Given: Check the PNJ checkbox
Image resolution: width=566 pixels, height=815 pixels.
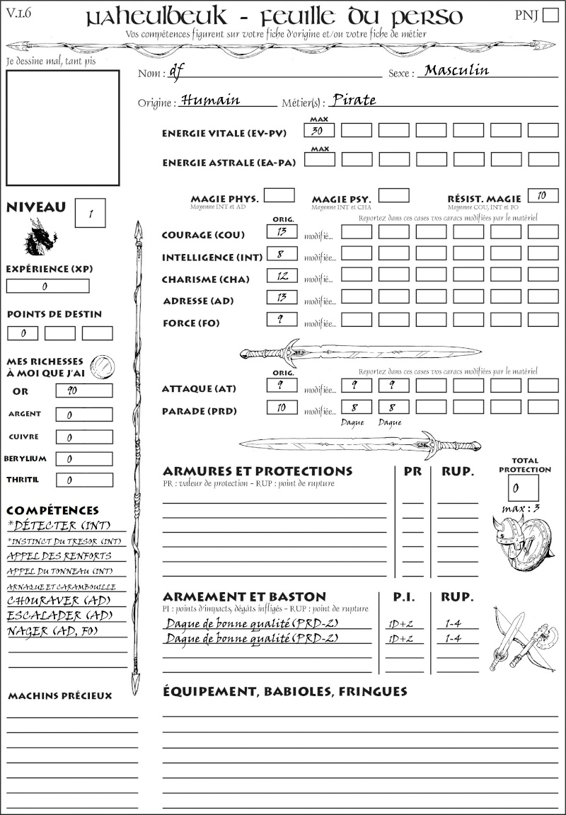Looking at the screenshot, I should [x=549, y=16].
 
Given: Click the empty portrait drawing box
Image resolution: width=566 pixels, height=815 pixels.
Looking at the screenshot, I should [x=62, y=127].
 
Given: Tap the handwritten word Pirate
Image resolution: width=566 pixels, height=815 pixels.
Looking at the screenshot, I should [x=354, y=100].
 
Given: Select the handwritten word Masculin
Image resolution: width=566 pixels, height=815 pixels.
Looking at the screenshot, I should [x=456, y=70].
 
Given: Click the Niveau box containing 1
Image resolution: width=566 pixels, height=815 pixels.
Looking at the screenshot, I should [x=90, y=213].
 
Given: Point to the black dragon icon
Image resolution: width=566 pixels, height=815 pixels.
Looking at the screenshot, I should [x=40, y=238].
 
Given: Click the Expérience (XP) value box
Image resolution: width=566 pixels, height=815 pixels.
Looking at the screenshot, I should [x=48, y=286].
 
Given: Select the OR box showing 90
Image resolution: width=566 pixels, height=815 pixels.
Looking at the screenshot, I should [x=83, y=391].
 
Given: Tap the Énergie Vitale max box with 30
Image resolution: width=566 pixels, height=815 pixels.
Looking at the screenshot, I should [x=320, y=130].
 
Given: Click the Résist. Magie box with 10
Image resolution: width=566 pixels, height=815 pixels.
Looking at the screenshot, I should [x=543, y=195].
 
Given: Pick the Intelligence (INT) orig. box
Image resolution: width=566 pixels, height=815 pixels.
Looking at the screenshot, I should [x=281, y=253].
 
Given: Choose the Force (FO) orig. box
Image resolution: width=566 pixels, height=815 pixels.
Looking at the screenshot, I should [x=281, y=319].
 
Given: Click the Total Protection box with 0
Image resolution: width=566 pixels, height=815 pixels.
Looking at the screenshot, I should [x=524, y=487].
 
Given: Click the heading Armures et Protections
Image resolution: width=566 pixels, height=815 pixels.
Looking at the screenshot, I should [x=258, y=471].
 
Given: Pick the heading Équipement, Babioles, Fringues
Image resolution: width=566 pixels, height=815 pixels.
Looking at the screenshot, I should [x=285, y=690].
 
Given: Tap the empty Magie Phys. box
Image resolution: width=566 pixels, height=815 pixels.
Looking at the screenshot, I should [x=279, y=195].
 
